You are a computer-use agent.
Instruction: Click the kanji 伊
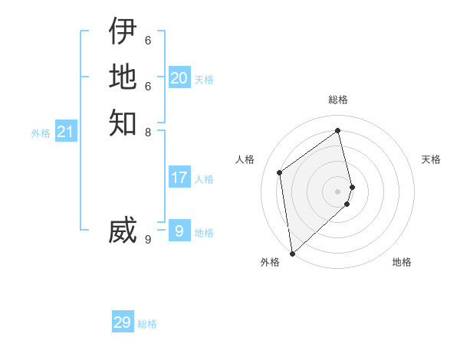123,31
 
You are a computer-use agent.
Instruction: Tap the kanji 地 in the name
123,77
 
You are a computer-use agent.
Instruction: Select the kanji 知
123,123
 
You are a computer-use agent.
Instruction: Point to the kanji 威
123,231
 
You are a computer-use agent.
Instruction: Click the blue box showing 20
179,78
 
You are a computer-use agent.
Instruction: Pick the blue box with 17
179,178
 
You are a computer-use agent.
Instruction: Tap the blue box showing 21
66,133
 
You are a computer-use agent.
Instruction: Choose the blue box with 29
123,322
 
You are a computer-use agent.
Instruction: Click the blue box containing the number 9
179,231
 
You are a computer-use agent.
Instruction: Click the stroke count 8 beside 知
148,132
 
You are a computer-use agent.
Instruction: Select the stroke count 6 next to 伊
148,40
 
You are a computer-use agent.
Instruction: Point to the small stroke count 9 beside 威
148,239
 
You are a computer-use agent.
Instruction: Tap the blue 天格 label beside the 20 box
204,80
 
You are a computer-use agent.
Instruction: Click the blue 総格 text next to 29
147,324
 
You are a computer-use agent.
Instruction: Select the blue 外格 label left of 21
41,133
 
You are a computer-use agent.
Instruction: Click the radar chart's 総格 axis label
338,100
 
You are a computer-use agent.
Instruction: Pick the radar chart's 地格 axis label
402,262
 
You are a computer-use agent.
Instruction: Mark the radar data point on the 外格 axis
292,254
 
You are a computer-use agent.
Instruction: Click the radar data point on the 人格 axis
280,172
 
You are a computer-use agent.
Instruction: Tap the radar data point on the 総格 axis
338,131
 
